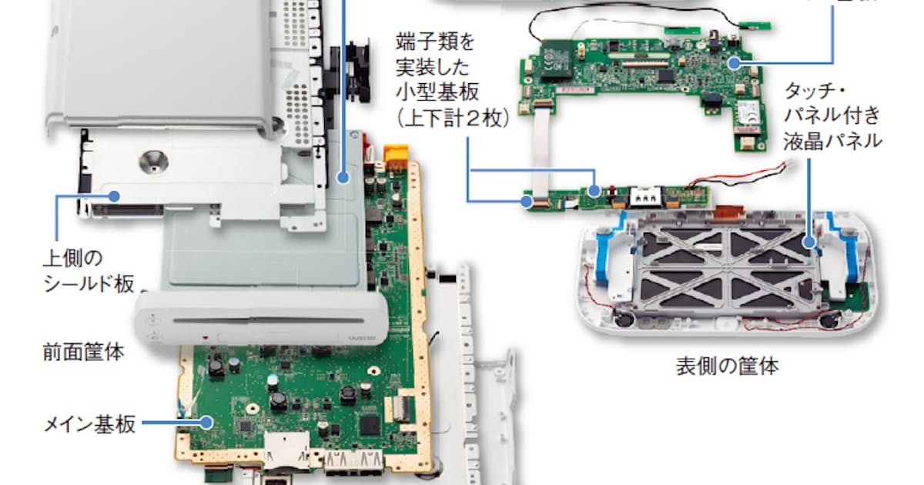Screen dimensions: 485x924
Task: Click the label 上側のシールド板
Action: pos(88,269)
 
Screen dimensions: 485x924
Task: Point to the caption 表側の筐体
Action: pos(727,366)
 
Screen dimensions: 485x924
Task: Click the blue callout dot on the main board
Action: pos(206,422)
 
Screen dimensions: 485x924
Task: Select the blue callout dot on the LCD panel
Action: pos(808,243)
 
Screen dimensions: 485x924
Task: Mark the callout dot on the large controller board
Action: pos(733,62)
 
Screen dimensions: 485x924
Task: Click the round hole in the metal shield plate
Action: pos(152,160)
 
